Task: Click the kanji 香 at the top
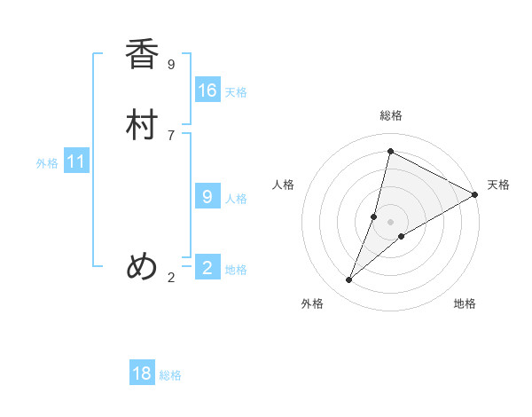point(142,55)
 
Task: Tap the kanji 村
point(142,125)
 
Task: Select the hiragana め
point(142,267)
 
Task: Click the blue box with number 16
point(207,90)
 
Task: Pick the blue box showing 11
point(76,161)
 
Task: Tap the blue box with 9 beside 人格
point(207,197)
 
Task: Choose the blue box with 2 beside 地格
point(207,268)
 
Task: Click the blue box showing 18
point(142,374)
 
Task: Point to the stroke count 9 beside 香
point(171,64)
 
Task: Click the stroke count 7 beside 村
point(171,135)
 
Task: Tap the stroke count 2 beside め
point(171,278)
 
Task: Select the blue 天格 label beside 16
point(236,92)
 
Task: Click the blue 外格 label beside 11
point(47,163)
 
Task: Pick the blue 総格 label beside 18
point(170,375)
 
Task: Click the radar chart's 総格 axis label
point(391,115)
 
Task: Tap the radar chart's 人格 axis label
point(284,185)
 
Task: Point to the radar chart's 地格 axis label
point(465,304)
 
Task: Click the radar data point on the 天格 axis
point(475,194)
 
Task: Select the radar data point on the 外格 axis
point(349,280)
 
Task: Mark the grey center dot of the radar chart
point(391,222)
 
